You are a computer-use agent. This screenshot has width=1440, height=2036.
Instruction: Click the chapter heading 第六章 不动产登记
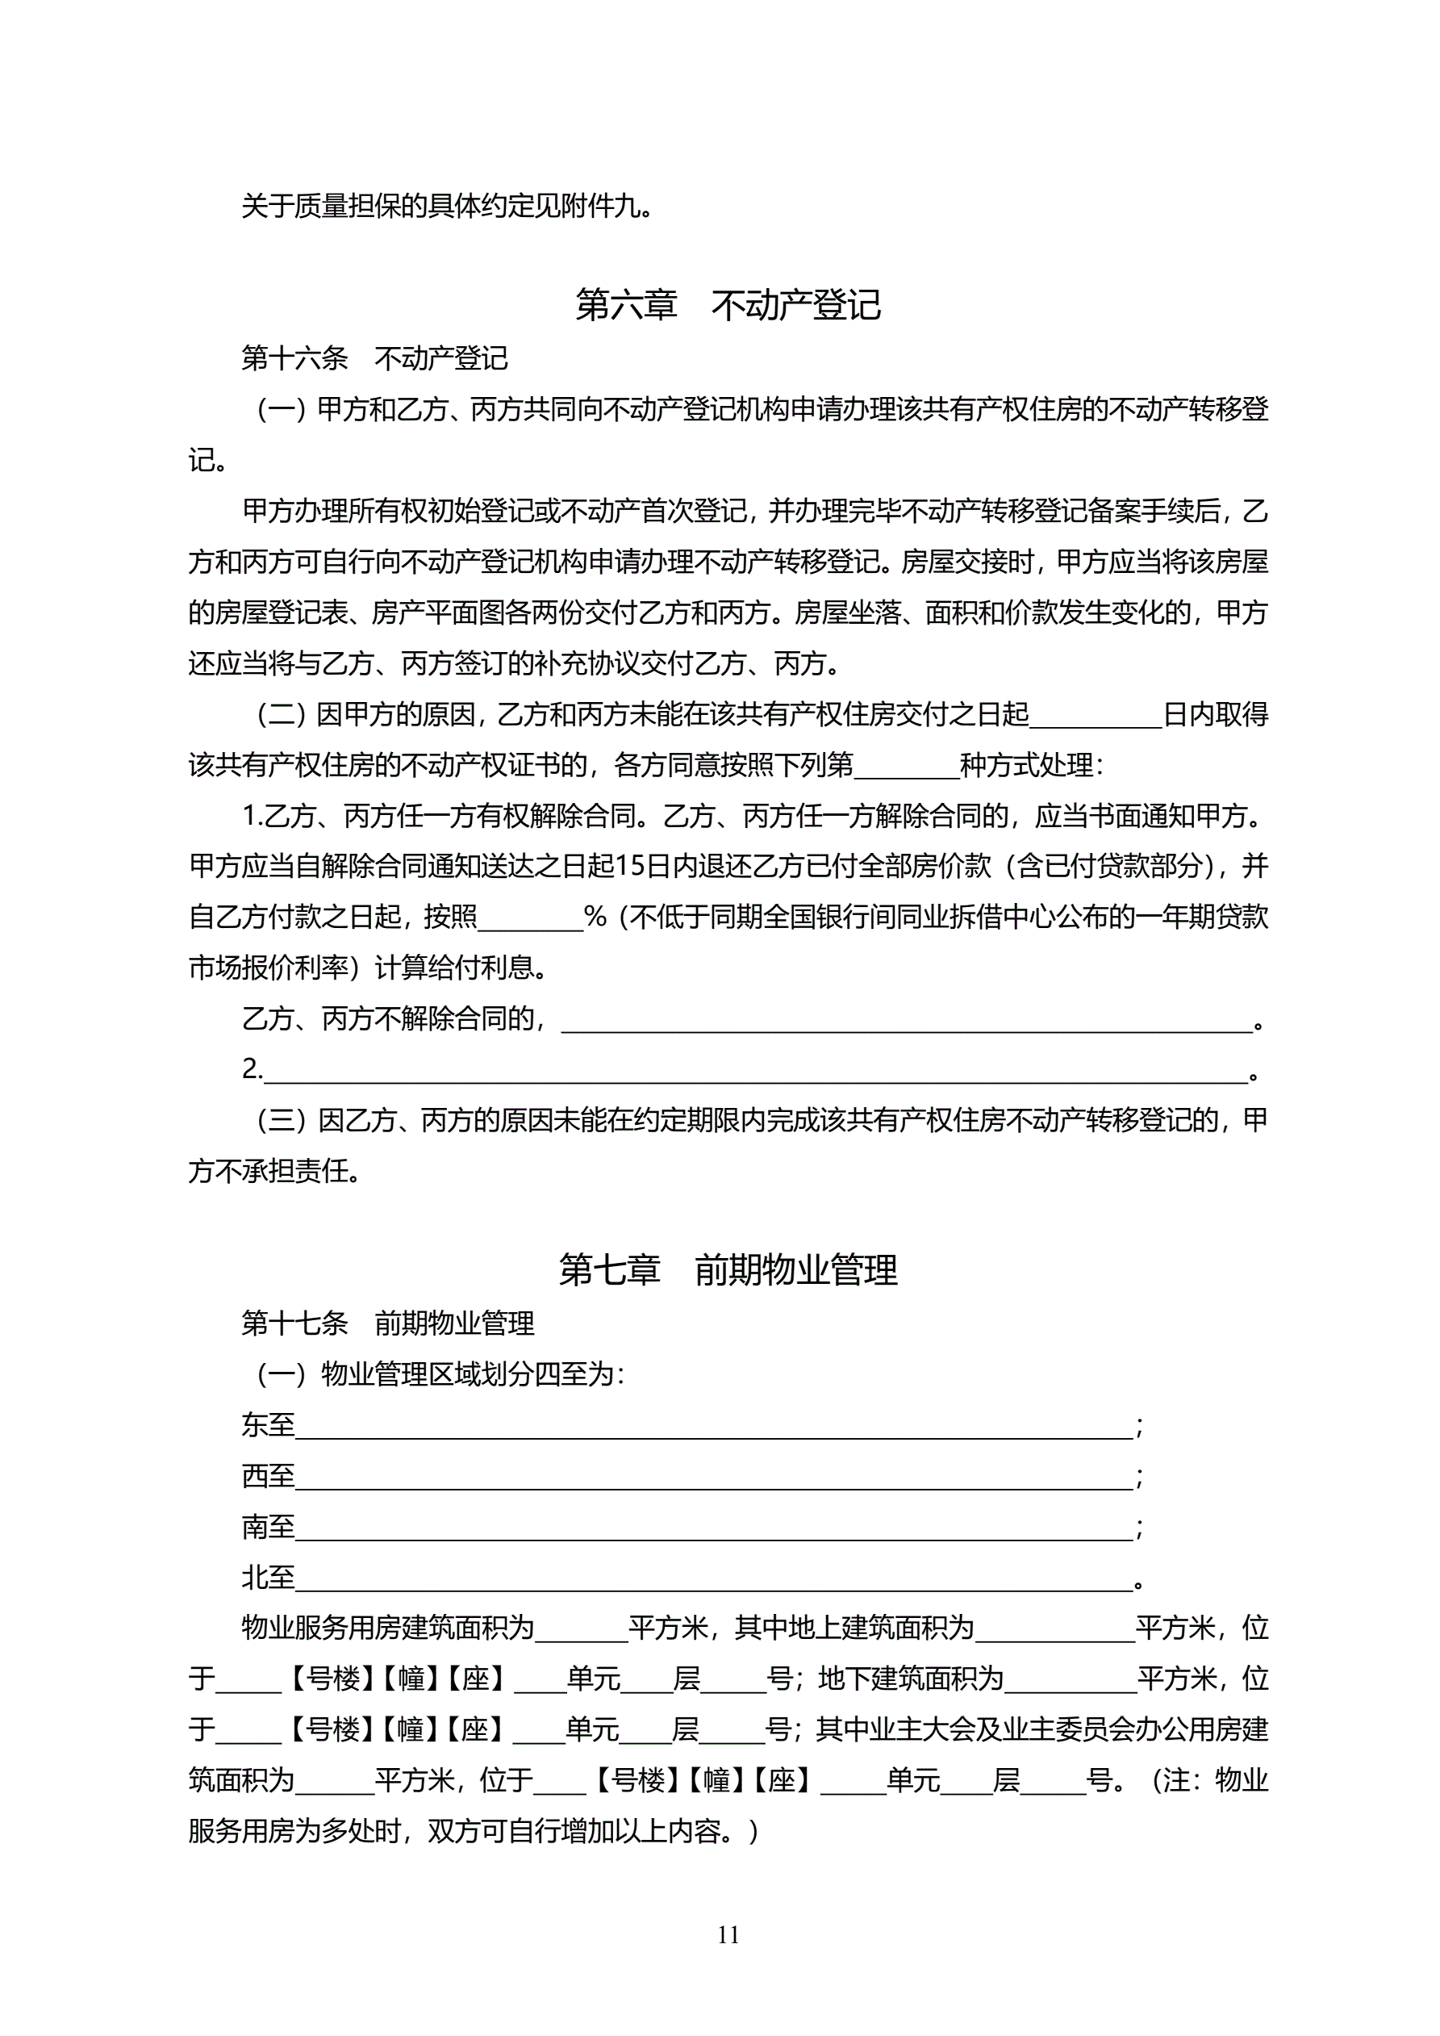pos(727,305)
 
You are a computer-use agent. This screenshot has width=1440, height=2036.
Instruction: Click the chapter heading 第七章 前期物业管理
pos(727,1270)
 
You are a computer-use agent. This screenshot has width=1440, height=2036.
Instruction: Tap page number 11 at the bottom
pos(728,1935)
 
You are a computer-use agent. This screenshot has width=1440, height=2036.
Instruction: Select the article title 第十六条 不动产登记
pos(374,358)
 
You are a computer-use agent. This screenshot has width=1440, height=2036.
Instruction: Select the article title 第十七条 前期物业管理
pos(387,1323)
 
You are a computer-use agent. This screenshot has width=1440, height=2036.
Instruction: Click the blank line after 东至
pos(714,1427)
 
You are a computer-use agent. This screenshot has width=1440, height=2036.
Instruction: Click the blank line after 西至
pos(714,1478)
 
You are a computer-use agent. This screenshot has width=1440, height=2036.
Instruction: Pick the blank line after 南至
pos(714,1528)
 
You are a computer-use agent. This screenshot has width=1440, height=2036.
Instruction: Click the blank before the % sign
pos(530,918)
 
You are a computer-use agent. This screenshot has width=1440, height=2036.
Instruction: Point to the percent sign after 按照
pos(595,917)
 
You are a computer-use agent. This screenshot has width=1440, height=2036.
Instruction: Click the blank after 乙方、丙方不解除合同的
pos(906,1021)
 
